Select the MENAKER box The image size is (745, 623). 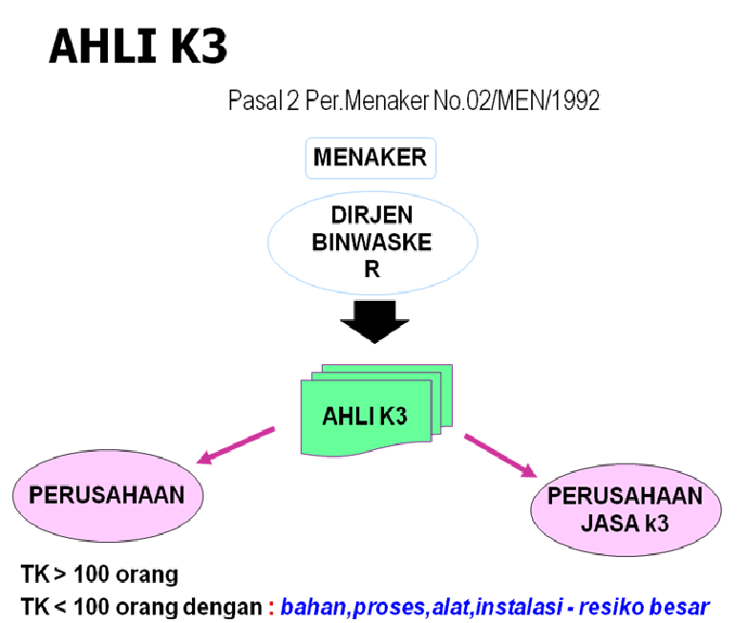372,158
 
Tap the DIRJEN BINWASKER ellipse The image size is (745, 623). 372,243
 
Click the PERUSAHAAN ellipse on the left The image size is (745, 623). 112,496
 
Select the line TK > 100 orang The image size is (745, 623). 99,576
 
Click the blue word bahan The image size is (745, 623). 309,606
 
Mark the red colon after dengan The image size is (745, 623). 270,607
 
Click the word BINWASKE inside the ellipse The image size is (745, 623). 372,243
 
